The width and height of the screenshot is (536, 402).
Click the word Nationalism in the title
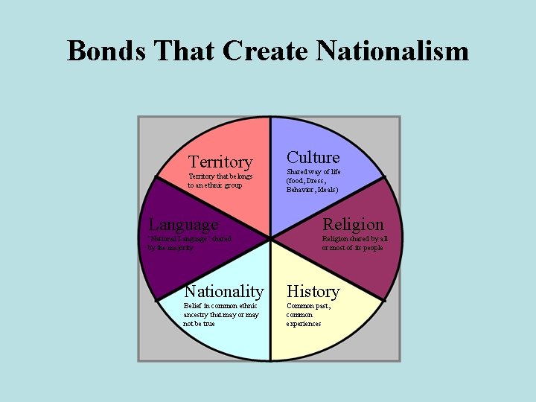pyautogui.click(x=392, y=51)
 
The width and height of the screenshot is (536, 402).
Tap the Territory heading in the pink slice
pyautogui.click(x=220, y=162)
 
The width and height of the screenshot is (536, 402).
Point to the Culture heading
pyautogui.click(x=313, y=157)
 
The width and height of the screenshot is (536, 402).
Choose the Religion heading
pyautogui.click(x=353, y=224)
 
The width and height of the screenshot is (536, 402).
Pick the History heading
pyautogui.click(x=313, y=291)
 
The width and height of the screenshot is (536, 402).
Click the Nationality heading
pyautogui.click(x=223, y=291)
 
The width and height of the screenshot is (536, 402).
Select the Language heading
pyautogui.click(x=183, y=224)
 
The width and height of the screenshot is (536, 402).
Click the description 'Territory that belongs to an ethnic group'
pyautogui.click(x=220, y=180)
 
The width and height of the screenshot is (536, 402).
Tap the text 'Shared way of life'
pyautogui.click(x=313, y=171)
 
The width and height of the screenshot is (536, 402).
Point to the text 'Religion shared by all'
pyautogui.click(x=354, y=239)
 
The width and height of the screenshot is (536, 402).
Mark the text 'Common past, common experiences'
pyautogui.click(x=307, y=314)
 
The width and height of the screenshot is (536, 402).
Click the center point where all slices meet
pyautogui.click(x=269, y=240)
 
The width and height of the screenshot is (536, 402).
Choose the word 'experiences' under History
pyautogui.click(x=304, y=324)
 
